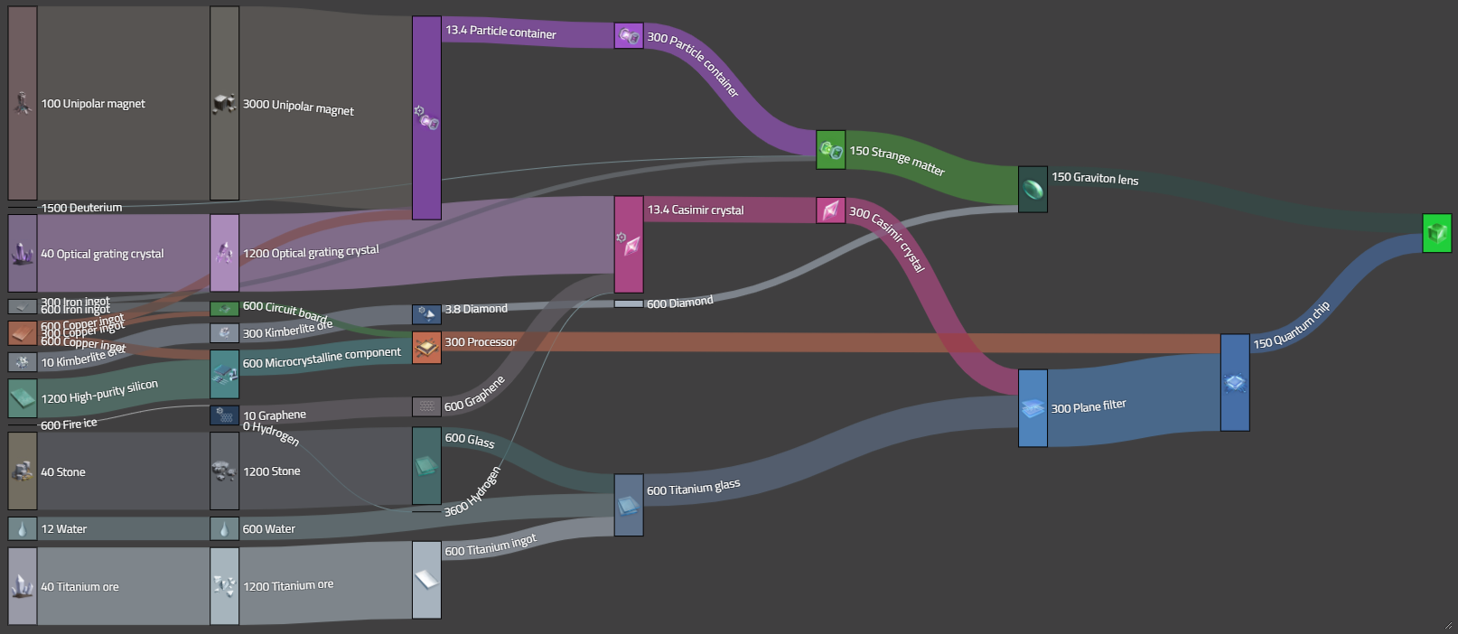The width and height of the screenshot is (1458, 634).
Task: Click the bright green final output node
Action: [1436, 233]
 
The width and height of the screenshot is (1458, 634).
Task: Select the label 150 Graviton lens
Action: [1095, 178]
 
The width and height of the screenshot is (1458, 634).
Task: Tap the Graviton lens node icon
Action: [1033, 189]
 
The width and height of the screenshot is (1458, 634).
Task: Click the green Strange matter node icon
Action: [831, 150]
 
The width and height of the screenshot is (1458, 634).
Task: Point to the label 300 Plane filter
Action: [1089, 406]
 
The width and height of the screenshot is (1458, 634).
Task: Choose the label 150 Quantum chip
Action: [1292, 326]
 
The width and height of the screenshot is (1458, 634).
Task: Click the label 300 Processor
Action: [481, 342]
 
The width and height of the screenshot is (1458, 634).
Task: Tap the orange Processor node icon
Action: [426, 347]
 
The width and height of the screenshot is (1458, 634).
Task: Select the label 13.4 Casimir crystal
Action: [696, 210]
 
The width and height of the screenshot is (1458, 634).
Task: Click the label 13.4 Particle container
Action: [500, 32]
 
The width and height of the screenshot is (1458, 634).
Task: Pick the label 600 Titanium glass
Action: [693, 488]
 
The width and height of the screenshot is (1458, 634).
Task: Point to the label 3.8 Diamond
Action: [476, 309]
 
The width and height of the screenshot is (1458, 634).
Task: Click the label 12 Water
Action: [64, 529]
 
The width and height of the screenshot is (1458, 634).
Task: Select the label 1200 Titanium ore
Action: [288, 586]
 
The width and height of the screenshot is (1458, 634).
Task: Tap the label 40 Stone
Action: [63, 472]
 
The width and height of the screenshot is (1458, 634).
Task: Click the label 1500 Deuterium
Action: [81, 208]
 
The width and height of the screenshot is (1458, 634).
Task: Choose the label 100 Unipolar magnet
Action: [93, 104]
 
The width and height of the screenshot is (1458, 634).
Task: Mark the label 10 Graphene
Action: [275, 415]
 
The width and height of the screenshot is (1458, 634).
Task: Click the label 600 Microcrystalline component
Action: [322, 358]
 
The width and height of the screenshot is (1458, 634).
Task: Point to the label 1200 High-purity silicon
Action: [99, 392]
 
